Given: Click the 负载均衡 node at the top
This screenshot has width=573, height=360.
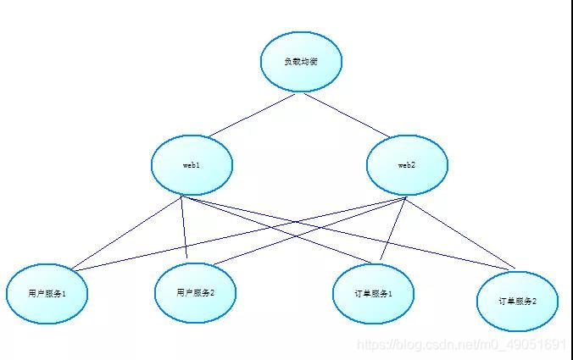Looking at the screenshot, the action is point(301,62).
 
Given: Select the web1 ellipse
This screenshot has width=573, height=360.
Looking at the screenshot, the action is point(192,164).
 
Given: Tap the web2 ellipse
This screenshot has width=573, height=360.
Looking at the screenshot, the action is point(407,164).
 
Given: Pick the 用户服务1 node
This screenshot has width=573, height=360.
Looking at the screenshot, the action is point(47,294).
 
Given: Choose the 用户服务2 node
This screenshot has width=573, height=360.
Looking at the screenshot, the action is point(195,292).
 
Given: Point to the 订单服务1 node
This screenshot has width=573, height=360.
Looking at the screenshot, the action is point(374,293).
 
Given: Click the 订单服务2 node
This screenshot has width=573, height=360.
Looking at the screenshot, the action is point(517,301).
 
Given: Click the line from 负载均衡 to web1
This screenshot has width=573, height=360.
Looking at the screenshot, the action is point(251,114).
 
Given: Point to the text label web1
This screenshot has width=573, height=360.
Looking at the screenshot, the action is point(192,164).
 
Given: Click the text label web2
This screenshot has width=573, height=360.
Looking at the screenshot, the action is point(407,164).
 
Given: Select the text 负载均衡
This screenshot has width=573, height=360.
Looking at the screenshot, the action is point(301,62).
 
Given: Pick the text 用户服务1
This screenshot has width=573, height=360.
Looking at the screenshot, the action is point(47,294).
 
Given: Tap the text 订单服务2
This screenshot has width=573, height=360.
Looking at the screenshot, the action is point(517,301).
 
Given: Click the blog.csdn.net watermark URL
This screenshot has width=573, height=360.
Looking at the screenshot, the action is point(461,345).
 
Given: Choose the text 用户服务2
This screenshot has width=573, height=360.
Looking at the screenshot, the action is point(195,292).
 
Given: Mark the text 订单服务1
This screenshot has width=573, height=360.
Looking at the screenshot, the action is point(374,293).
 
